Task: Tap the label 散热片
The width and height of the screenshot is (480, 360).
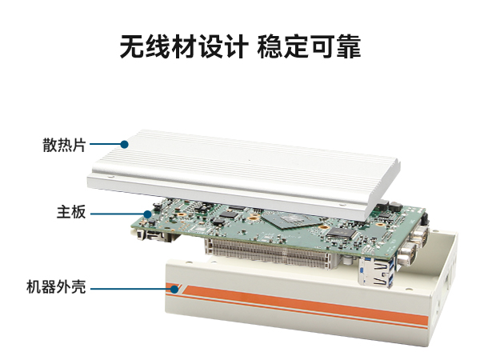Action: point(64,145)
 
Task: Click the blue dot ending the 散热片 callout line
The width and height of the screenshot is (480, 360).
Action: point(125,145)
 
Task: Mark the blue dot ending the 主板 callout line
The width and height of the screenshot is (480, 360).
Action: point(147,213)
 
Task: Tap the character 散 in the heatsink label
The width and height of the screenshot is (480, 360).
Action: point(50,145)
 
